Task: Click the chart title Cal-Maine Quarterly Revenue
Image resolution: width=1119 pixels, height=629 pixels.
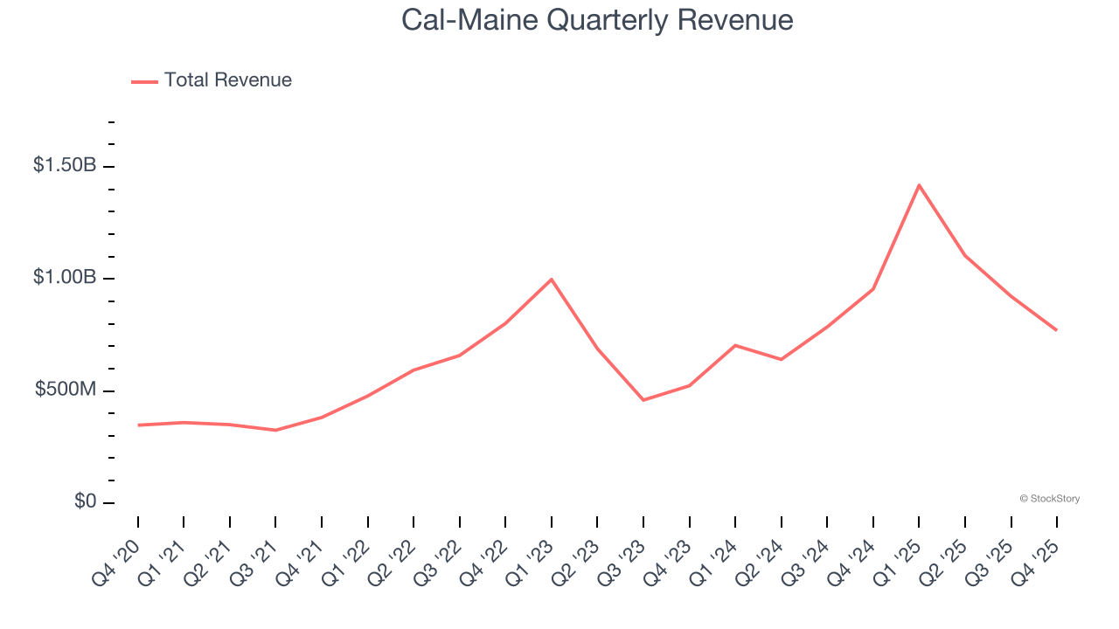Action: [597, 20]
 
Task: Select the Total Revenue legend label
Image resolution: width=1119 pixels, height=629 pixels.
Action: [227, 80]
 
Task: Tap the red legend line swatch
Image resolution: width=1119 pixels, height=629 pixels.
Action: [144, 81]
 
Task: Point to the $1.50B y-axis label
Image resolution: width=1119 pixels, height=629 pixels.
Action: [65, 165]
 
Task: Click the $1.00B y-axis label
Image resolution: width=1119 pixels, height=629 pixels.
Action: [65, 277]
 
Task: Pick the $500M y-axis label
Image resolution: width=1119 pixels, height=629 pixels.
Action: [66, 390]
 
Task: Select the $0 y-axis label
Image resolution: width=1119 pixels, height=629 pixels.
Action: [85, 501]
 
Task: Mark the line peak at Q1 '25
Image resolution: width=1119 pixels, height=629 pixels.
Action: [919, 185]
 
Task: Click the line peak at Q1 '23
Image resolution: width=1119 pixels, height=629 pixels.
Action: [552, 279]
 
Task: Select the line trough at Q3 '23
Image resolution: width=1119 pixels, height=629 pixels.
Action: [643, 400]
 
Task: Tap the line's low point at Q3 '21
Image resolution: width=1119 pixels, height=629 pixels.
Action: [275, 430]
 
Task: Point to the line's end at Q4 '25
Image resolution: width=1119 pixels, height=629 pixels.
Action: [1056, 330]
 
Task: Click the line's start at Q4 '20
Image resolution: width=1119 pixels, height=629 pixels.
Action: [138, 425]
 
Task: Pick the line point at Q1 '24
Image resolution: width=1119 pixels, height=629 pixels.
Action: [735, 345]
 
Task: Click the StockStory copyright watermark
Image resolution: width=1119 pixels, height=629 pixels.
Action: [1049, 499]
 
